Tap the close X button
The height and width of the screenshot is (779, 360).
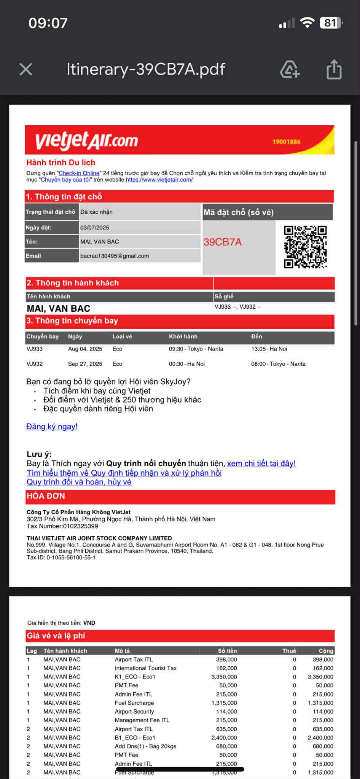[x=26, y=69]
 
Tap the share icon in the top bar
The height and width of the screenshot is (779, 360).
[x=334, y=70]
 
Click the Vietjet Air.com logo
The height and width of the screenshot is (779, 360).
[x=86, y=140]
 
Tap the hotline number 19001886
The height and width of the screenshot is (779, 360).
[x=286, y=142]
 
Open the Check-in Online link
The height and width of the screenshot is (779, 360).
[x=79, y=173]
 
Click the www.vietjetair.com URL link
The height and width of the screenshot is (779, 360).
[x=159, y=180]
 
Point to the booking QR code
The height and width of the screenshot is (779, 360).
[x=305, y=247]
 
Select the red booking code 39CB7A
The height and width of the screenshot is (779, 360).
[x=223, y=242]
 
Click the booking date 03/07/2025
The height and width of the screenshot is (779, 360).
[x=95, y=228]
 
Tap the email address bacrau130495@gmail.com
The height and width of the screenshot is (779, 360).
[x=115, y=256]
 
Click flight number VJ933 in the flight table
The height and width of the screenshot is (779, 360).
[x=35, y=349]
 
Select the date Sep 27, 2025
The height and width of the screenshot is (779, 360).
[x=85, y=364]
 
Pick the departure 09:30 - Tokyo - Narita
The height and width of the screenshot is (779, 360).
[x=196, y=349]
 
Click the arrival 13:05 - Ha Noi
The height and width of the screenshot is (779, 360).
[x=269, y=349]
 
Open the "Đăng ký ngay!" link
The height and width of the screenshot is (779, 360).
[x=52, y=427]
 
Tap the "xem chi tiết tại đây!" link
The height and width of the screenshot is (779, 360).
[x=261, y=464]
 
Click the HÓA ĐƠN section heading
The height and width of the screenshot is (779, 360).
[x=46, y=496]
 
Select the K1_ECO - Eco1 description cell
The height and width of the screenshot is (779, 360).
[x=135, y=677]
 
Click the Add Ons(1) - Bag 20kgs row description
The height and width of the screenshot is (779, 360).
[x=145, y=746]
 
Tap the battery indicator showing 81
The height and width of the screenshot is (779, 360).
[x=331, y=23]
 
